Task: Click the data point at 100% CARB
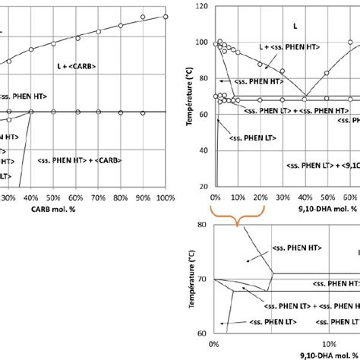(165, 17)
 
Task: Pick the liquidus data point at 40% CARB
(31, 49)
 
